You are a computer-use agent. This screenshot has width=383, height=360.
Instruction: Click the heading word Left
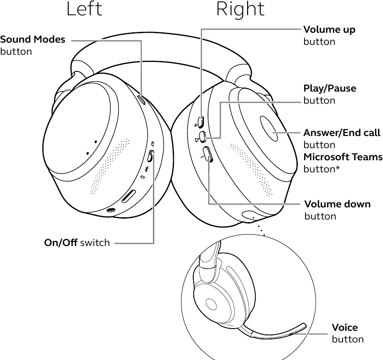[84, 9]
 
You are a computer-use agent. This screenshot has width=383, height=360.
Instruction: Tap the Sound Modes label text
[33, 40]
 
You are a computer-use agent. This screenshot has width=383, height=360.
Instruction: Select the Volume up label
[329, 30]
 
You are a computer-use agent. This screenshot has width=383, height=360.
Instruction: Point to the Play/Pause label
[330, 88]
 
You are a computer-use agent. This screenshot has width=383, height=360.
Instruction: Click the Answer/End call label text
[342, 133]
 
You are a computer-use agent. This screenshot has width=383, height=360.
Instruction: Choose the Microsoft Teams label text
[343, 157]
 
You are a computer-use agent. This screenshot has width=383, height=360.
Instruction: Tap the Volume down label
[337, 204]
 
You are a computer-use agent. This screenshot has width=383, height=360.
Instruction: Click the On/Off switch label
[77, 243]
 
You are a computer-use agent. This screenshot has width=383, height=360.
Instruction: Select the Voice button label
[345, 327]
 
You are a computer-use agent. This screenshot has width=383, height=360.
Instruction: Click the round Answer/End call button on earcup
[273, 132]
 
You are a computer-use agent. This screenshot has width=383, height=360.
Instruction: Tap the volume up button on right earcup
[200, 121]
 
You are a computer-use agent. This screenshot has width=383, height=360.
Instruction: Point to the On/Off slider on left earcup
[151, 157]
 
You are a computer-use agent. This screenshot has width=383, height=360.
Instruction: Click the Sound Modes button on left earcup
[142, 100]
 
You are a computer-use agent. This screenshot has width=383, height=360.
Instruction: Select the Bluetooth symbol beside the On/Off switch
[146, 170]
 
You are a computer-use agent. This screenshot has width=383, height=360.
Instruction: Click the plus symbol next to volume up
[196, 125]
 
